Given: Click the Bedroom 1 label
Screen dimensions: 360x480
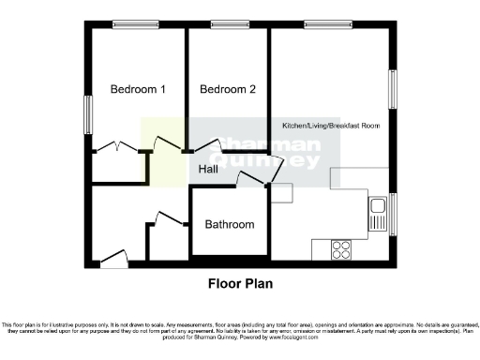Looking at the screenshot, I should click(138, 90).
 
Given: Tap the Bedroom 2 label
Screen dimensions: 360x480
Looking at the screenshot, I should click(227, 90).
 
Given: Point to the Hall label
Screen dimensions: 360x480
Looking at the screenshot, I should click(208, 169).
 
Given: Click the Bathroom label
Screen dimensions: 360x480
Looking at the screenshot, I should click(230, 225).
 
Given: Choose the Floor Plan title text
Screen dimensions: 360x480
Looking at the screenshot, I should click(239, 281).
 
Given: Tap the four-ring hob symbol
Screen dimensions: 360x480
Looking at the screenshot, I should click(339, 249).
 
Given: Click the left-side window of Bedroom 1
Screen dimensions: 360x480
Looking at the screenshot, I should click(89, 113).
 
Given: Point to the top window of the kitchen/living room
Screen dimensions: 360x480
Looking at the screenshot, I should click(322, 24).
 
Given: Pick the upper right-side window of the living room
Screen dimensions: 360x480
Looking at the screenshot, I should click(393, 91).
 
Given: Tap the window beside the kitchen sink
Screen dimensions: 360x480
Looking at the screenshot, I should click(393, 214).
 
